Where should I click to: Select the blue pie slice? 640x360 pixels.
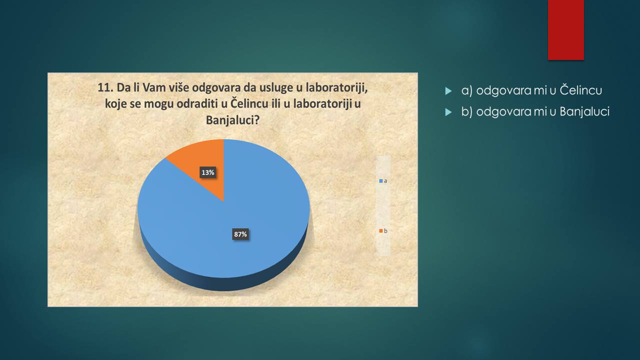(228, 223)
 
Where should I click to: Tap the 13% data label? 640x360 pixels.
(207, 172)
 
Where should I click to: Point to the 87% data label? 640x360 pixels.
(240, 234)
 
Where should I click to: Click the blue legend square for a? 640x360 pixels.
(381, 181)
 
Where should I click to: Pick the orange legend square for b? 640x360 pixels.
(381, 231)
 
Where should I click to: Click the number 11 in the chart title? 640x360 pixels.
(105, 87)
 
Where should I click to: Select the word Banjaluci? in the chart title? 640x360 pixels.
(232, 120)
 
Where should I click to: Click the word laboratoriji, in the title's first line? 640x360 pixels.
(336, 88)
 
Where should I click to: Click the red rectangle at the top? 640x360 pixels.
(565, 30)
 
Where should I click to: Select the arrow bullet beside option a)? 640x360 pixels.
(448, 91)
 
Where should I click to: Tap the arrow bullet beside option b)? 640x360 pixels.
(448, 112)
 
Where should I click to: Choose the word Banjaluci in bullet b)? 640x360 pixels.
(584, 111)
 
